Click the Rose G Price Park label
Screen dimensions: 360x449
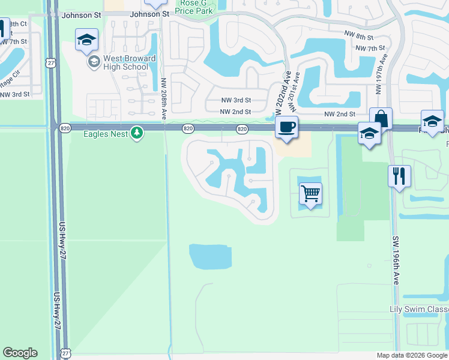click(196, 7)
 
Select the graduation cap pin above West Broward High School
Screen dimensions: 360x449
click(86, 41)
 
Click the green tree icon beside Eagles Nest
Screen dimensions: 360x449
click(137, 133)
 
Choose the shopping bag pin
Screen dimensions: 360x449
click(381, 119)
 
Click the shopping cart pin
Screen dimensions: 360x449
click(310, 194)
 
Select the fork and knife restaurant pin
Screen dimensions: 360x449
click(399, 176)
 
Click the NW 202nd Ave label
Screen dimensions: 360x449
click(280, 94)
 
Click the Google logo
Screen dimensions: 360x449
click(20, 353)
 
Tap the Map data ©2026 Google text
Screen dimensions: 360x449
click(412, 355)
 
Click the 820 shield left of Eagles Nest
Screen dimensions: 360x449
click(65, 128)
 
